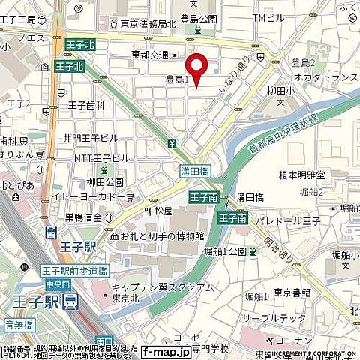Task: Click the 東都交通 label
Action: (150, 55)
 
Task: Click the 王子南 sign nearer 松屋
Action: (203, 198)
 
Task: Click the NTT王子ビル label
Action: (102, 158)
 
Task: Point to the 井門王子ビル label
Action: (91, 138)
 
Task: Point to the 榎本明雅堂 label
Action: (301, 175)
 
